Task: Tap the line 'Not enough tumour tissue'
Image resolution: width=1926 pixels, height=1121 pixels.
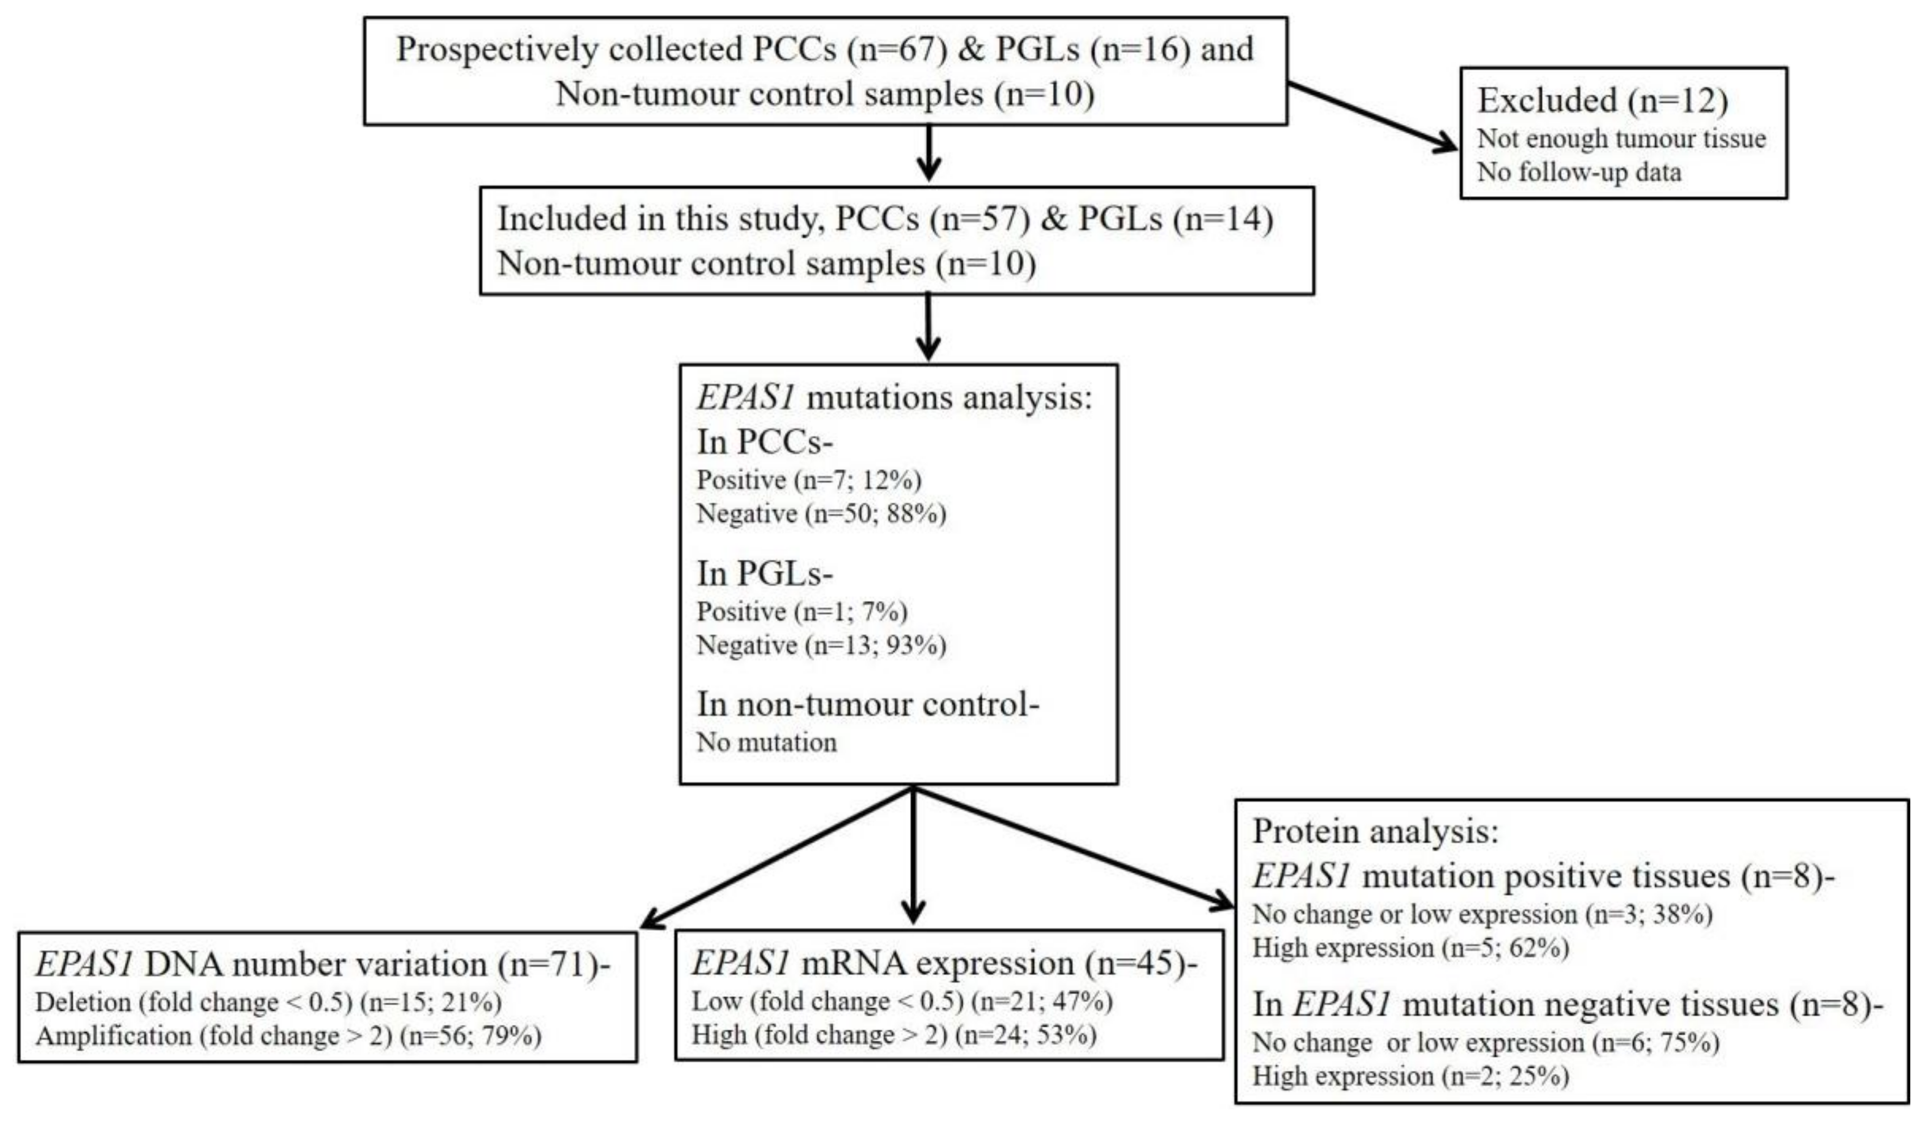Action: [1621, 139]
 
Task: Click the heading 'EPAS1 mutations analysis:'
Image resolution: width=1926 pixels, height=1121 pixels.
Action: [894, 398]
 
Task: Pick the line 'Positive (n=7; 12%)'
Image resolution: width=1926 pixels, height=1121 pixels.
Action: [809, 480]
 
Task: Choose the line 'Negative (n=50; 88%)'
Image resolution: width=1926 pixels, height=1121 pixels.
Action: [821, 514]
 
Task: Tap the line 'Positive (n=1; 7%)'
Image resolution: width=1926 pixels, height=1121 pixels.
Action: [801, 612]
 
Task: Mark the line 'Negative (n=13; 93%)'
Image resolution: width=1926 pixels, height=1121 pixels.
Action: [821, 646]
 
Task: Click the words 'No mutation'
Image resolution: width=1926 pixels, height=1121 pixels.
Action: [766, 742]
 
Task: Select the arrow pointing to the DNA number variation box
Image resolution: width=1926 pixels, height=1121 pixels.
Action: [776, 859]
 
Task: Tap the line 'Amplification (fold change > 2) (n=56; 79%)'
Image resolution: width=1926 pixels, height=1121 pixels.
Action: [288, 1036]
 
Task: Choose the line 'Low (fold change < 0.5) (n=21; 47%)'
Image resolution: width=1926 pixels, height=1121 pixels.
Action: [902, 1001]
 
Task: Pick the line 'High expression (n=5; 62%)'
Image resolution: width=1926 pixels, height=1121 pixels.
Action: [1410, 948]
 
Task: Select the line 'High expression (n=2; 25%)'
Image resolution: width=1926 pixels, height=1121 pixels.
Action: [1410, 1077]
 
